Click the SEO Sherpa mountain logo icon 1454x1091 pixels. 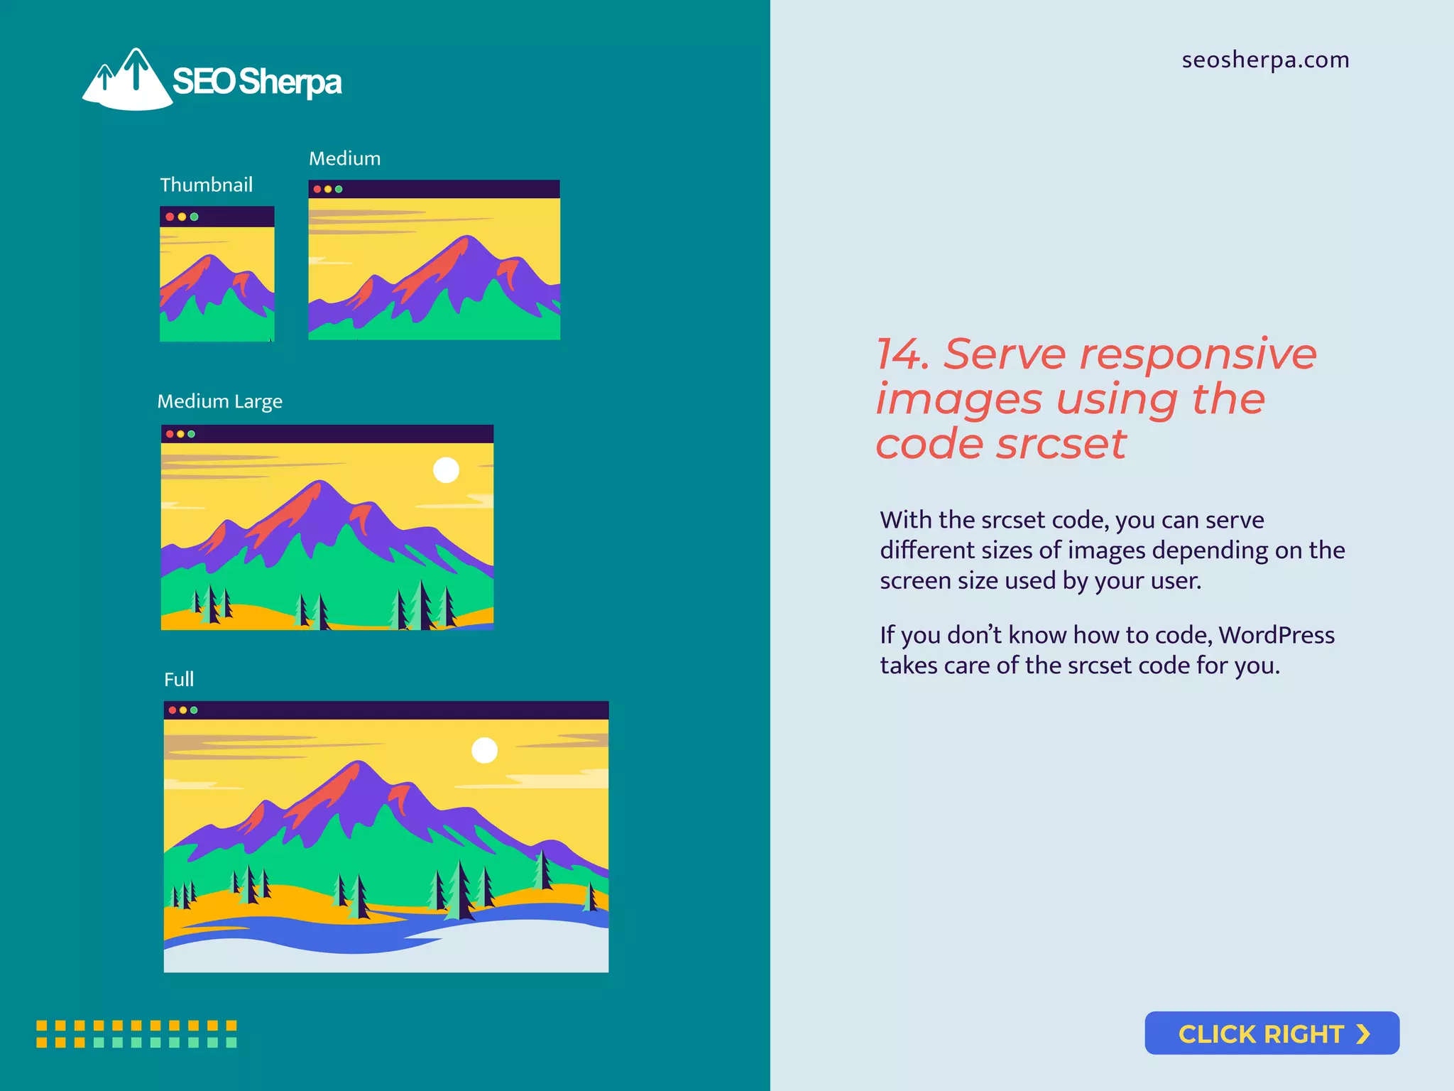coord(128,80)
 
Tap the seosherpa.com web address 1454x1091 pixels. coord(1265,60)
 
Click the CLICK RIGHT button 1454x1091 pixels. coord(1272,1033)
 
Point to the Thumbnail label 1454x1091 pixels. coord(206,185)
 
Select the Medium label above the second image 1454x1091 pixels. coord(344,158)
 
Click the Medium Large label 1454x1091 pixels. coord(219,401)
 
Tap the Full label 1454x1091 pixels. coord(179,680)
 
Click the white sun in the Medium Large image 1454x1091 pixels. coord(446,469)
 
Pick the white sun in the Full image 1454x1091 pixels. coord(484,750)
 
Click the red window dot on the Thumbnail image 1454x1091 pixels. coord(170,217)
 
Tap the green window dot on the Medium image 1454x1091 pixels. coord(339,189)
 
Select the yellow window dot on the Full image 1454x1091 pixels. coord(183,710)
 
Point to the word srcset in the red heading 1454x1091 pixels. coord(1061,444)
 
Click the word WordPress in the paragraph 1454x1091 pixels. coord(1276,635)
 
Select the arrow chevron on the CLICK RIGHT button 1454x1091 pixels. coord(1362,1033)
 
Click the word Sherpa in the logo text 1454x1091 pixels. coord(290,82)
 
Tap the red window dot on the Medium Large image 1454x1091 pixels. coord(170,434)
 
